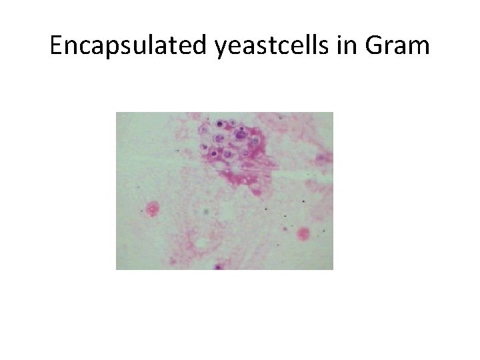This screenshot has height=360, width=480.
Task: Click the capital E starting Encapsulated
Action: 56,47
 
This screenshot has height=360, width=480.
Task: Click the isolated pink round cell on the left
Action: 153,209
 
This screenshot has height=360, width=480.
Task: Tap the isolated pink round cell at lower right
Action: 303,233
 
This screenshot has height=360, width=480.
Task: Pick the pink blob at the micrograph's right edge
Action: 324,158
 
